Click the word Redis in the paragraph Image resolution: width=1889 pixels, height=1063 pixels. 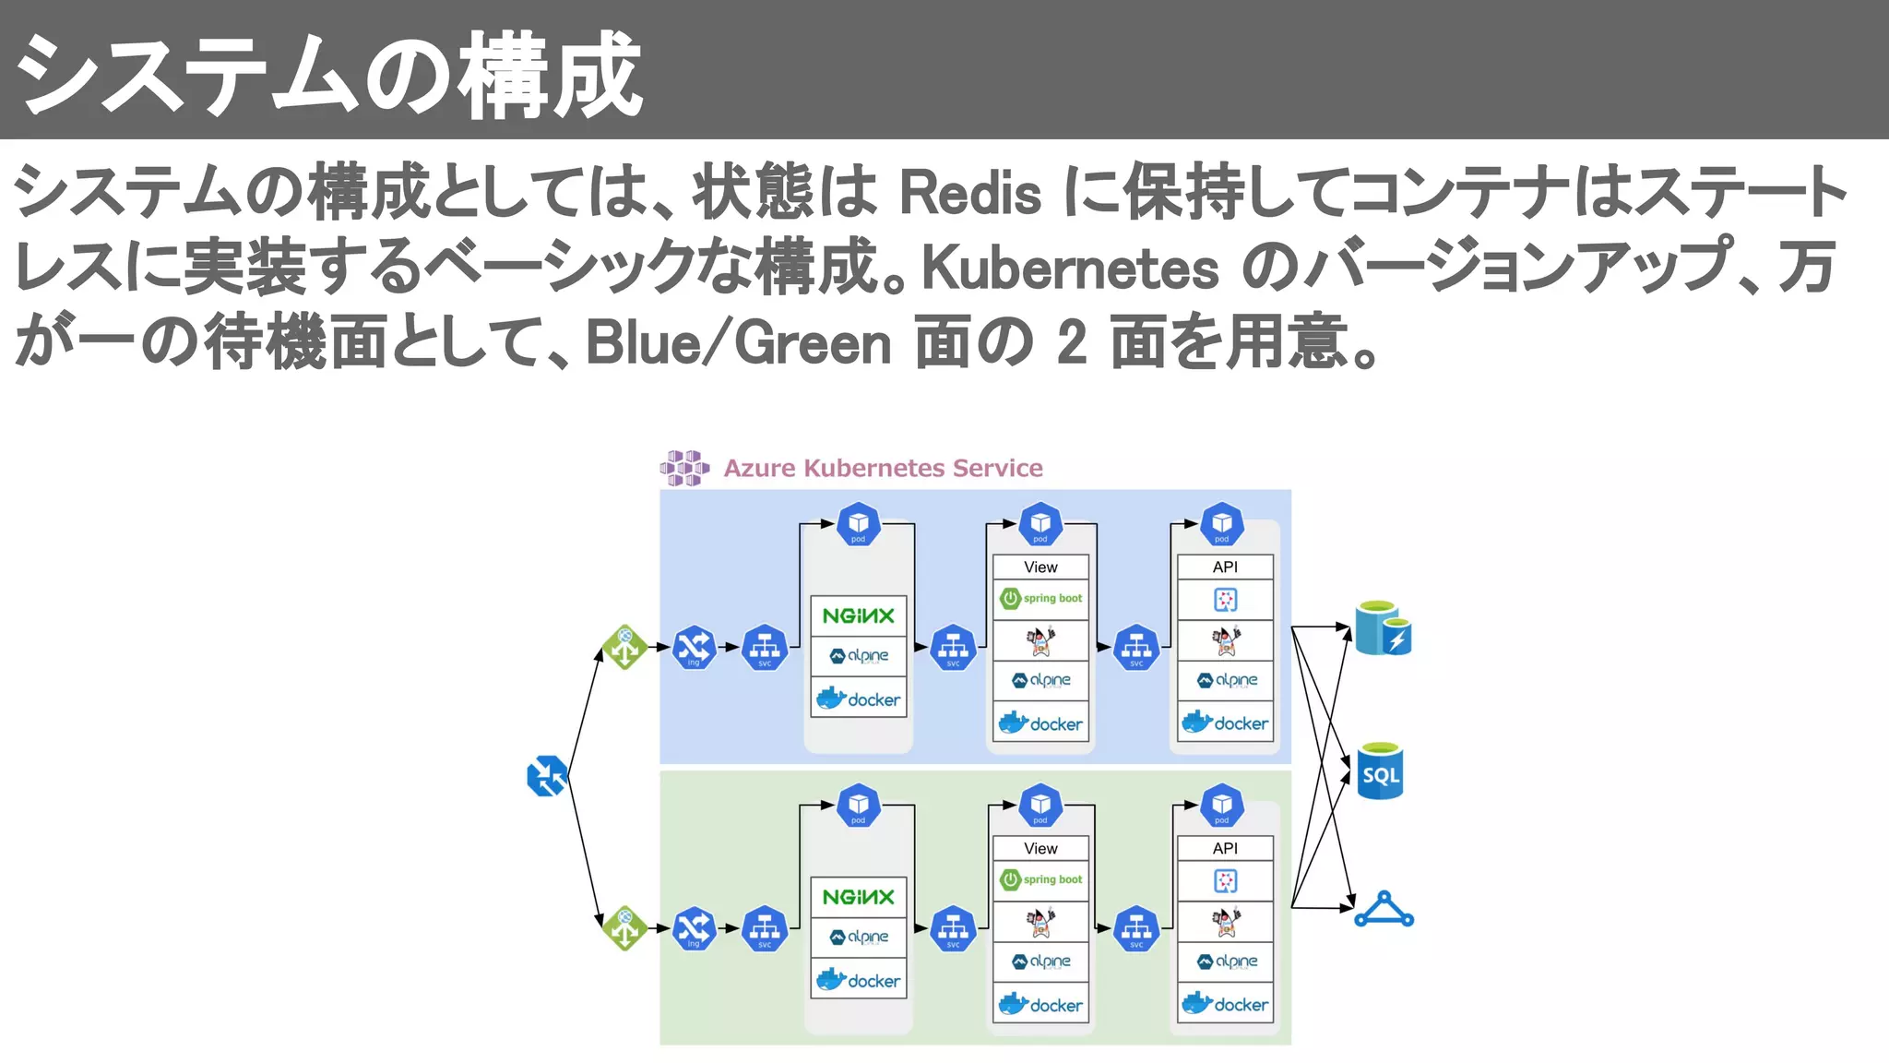point(969,194)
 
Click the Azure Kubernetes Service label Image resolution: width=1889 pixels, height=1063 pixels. point(883,468)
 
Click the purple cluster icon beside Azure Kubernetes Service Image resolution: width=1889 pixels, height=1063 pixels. point(684,468)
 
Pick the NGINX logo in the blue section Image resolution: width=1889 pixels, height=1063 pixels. point(858,615)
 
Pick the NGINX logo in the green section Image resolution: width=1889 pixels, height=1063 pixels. point(858,897)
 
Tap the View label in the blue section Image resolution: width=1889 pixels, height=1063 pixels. point(1040,567)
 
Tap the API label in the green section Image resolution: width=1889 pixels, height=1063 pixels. point(1225,848)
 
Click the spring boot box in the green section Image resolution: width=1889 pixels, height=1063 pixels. point(1041,879)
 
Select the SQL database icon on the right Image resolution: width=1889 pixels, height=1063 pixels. point(1380,771)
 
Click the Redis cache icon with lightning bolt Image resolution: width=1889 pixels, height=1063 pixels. point(1383,628)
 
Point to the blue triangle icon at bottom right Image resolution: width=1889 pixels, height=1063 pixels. point(1384,910)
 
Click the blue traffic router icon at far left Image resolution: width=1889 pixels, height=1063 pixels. point(546,776)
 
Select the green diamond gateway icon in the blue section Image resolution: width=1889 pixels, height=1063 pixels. point(625,646)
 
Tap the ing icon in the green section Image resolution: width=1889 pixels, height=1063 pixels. point(694,928)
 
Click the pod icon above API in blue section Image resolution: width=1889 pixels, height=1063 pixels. point(1222,524)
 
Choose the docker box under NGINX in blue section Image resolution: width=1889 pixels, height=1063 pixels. point(858,699)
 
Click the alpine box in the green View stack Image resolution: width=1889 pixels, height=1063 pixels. point(1041,961)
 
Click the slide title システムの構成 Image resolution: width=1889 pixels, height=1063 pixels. point(328,74)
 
